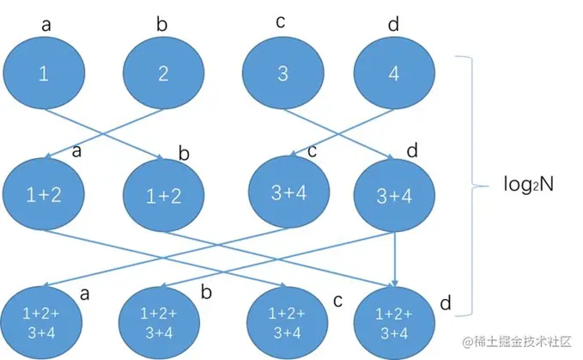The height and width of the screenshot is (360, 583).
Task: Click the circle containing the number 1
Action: coord(44,74)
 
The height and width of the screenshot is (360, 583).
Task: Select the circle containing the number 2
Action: coord(163,74)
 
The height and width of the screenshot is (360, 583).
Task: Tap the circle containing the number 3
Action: coord(282,74)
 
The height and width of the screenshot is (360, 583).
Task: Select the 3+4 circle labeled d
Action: coord(395,196)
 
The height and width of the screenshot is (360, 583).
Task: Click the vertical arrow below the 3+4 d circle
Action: coord(394,256)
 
